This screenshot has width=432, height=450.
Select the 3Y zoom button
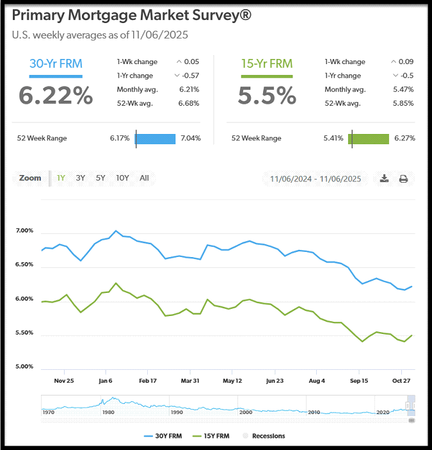81,178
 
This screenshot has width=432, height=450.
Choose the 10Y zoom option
122,178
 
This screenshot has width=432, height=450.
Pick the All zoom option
144,178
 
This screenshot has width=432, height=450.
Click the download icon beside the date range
384,179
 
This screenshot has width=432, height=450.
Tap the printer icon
403,179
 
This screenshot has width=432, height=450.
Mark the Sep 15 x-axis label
359,380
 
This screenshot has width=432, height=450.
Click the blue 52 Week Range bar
156,138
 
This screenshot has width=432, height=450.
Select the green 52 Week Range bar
369,138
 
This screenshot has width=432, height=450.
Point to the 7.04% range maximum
191,138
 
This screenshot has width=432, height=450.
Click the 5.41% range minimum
334,138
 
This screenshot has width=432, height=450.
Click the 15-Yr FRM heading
267,63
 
